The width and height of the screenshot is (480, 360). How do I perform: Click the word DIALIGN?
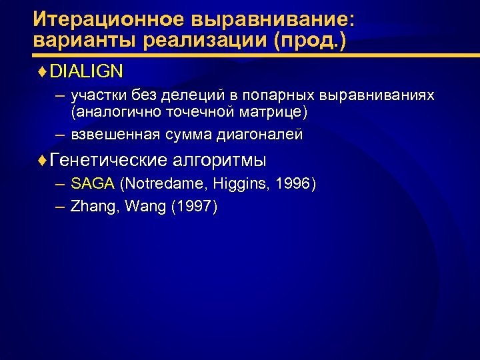point(86,70)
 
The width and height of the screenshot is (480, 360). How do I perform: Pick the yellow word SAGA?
point(93,183)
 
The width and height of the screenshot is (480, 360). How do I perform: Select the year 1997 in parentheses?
point(194,207)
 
